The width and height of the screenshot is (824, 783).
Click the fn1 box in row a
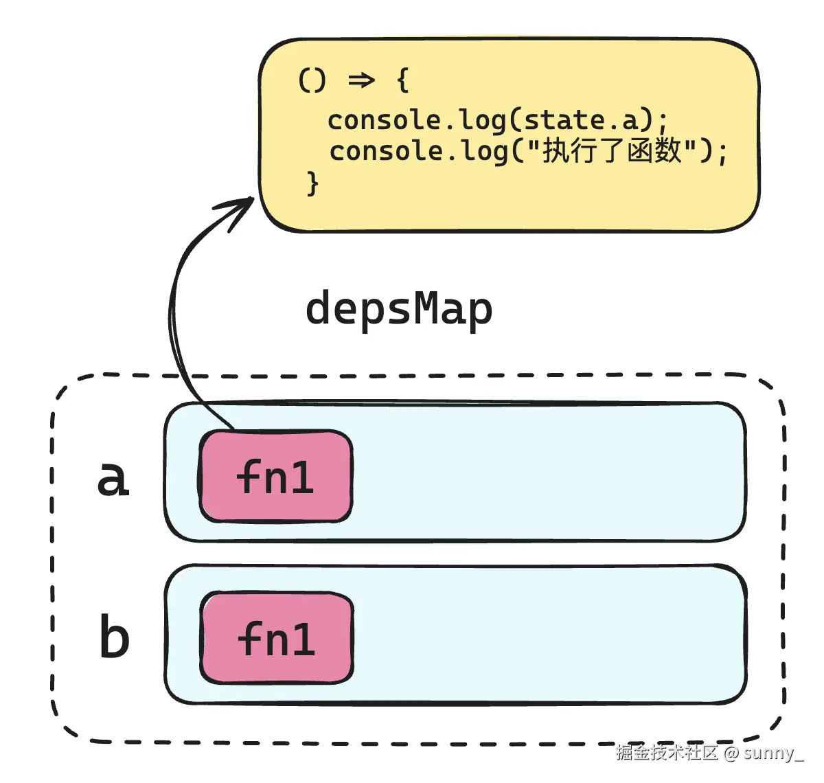[x=275, y=477]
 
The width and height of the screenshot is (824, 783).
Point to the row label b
[x=114, y=637]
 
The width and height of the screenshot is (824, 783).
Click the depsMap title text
[x=398, y=309]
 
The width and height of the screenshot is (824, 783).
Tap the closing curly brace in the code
[x=312, y=183]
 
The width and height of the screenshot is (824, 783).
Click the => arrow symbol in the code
[x=361, y=80]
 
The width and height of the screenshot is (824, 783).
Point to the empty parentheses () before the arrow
[x=312, y=80]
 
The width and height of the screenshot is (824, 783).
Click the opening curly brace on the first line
[x=403, y=80]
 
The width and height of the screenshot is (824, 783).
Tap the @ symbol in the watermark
[x=731, y=753]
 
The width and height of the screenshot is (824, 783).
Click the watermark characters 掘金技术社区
[x=666, y=753]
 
